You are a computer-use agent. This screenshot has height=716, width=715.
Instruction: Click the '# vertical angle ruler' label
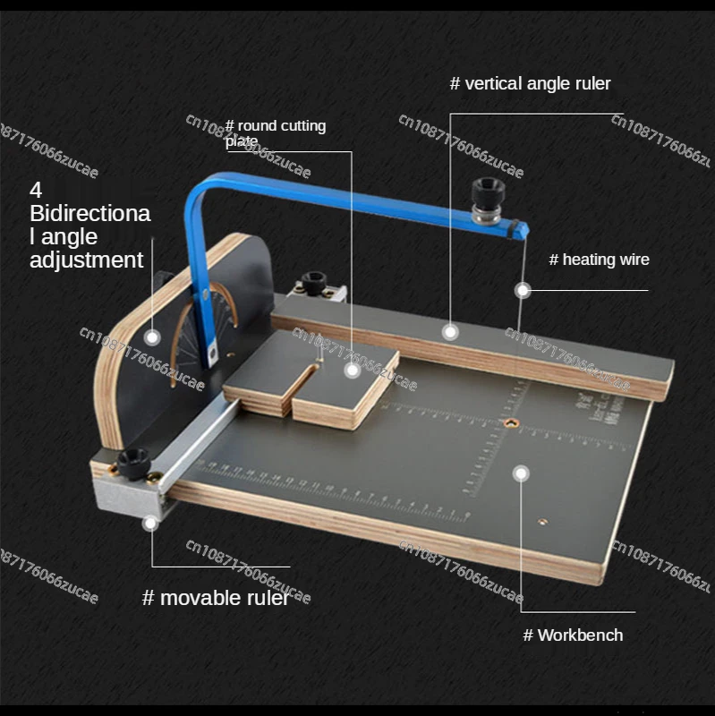point(530,83)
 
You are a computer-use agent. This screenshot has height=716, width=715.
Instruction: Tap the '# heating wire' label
point(599,260)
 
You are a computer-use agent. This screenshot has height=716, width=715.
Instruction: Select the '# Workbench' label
point(573,635)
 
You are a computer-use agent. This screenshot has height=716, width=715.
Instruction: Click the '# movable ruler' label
point(216,598)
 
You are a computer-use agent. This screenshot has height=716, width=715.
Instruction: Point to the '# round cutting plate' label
point(275,132)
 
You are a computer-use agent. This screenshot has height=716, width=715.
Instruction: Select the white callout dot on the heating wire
point(523,290)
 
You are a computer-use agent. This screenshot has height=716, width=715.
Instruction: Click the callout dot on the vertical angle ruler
point(450,331)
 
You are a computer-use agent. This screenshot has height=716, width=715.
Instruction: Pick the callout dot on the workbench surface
point(521,472)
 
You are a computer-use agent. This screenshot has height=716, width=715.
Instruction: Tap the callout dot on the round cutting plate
point(353,369)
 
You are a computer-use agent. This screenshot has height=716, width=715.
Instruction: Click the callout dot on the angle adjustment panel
point(153,337)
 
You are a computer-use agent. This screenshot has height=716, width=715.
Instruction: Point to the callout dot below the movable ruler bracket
point(151,522)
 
